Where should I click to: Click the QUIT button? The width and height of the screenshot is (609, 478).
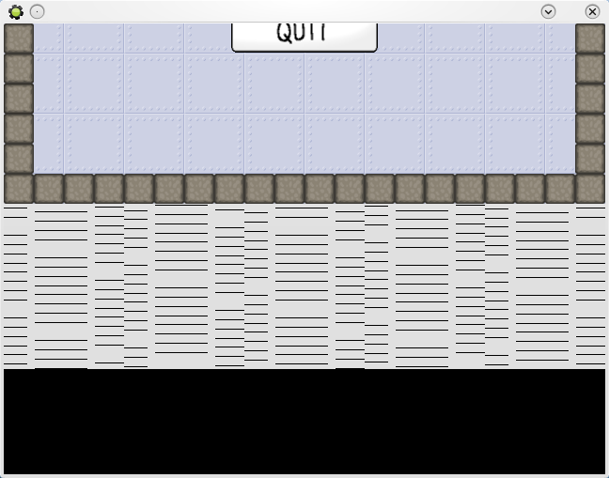pyautogui.click(x=304, y=36)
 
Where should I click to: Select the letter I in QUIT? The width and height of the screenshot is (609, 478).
pyautogui.click(x=312, y=32)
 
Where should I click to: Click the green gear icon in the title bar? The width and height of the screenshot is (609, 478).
pyautogui.click(x=15, y=11)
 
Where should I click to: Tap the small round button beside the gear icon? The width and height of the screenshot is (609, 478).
pyautogui.click(x=37, y=11)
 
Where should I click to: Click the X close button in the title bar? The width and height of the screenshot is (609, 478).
pyautogui.click(x=592, y=11)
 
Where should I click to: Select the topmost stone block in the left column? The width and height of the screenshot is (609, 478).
pyautogui.click(x=19, y=39)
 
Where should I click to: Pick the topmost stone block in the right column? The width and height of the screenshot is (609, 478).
pyautogui.click(x=590, y=39)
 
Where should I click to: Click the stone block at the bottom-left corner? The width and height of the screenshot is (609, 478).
pyautogui.click(x=19, y=189)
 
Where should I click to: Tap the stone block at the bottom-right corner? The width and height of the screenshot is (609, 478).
pyautogui.click(x=590, y=189)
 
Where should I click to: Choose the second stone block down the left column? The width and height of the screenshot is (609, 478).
pyautogui.click(x=19, y=69)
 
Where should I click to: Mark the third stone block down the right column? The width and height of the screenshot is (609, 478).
pyautogui.click(x=590, y=99)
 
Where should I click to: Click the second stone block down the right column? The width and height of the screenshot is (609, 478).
pyautogui.click(x=590, y=69)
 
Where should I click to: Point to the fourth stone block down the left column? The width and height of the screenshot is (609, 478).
pyautogui.click(x=19, y=129)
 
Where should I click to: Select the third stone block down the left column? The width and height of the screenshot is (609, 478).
pyautogui.click(x=19, y=99)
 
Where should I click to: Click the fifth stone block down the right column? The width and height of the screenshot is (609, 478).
pyautogui.click(x=590, y=159)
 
